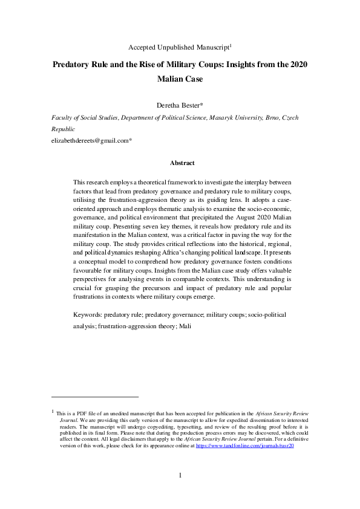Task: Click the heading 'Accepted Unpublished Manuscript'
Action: pos(180,47)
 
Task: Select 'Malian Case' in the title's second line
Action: pos(180,79)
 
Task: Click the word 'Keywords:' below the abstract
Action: pos(87,316)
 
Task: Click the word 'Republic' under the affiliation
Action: pos(64,129)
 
